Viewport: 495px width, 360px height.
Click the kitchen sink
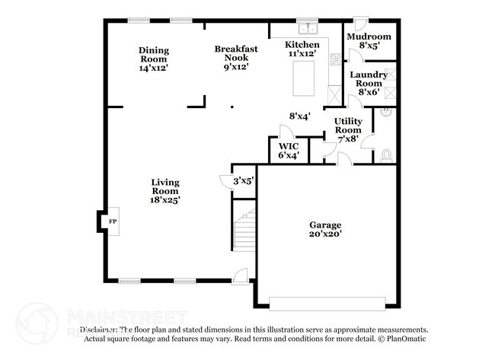(308, 30)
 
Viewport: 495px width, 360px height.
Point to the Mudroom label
(369, 37)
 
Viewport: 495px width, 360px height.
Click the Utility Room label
(349, 126)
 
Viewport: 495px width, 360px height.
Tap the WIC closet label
(288, 145)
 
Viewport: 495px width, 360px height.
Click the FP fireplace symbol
(113, 221)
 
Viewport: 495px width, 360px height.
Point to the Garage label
(325, 225)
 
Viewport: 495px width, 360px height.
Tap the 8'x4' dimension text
(299, 116)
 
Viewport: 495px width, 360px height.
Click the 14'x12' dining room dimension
(153, 68)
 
